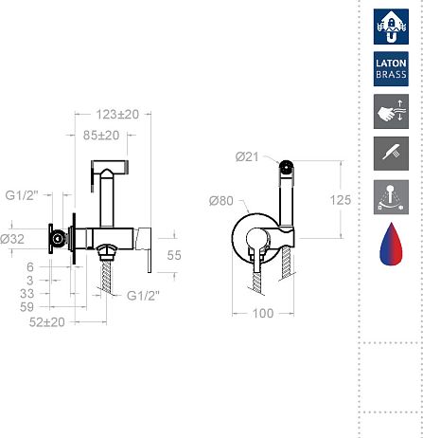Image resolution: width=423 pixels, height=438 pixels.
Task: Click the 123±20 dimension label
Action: (x=117, y=115)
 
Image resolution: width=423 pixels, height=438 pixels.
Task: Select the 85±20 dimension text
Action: (x=101, y=136)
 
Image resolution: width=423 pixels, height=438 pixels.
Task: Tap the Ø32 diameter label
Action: (x=12, y=239)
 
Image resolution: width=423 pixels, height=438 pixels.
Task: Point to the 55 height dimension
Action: (x=174, y=255)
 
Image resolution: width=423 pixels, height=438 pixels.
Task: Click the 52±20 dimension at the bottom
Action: (x=47, y=322)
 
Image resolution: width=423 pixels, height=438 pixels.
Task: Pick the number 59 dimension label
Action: (x=26, y=307)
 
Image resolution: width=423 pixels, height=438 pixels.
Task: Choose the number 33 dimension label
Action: (x=26, y=294)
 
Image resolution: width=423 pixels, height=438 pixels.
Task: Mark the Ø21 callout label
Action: (x=247, y=156)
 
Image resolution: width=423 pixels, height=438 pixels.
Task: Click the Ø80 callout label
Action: (x=221, y=201)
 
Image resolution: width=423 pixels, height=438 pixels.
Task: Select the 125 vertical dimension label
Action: (x=341, y=200)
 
